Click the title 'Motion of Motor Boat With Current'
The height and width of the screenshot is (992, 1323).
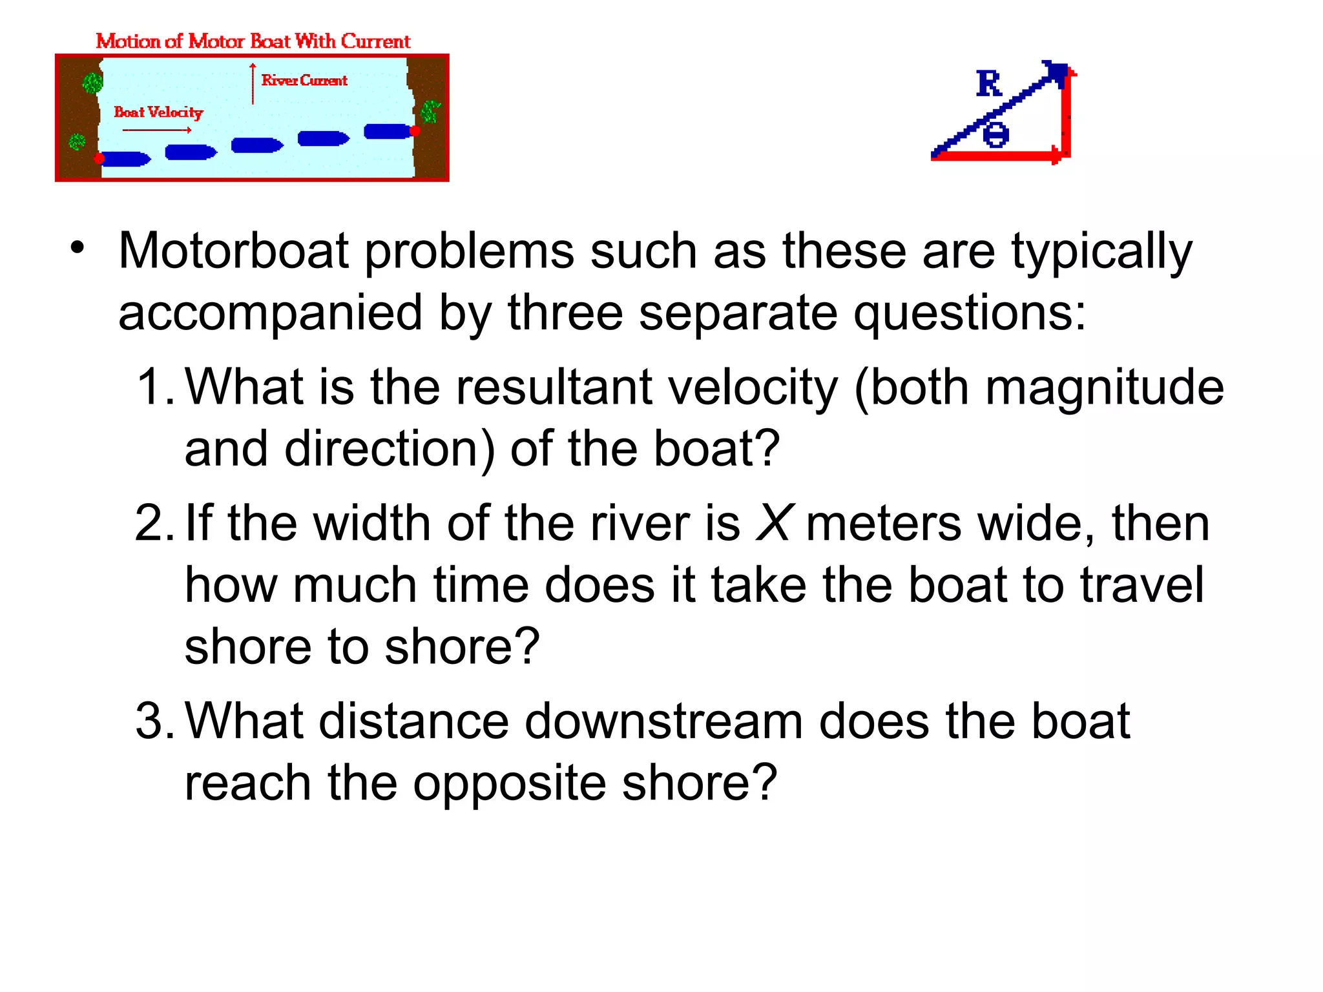253,41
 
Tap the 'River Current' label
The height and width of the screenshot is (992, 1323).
304,80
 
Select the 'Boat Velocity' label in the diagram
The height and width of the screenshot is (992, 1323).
158,112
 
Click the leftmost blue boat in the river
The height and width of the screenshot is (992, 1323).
125,159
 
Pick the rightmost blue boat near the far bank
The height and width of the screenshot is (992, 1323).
388,131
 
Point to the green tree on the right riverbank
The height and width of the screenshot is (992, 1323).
430,111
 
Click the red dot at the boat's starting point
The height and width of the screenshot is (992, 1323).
99,158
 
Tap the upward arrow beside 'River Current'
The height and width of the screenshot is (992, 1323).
253,84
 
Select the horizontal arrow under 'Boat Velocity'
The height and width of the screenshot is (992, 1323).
157,130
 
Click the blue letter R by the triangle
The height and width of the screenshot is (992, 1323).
989,84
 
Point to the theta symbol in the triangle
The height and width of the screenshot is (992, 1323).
996,135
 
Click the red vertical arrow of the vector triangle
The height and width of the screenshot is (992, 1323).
1066,113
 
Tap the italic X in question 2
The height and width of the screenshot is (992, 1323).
773,522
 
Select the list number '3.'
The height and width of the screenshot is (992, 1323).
154,721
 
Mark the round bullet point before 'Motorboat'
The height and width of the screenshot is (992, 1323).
78,249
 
